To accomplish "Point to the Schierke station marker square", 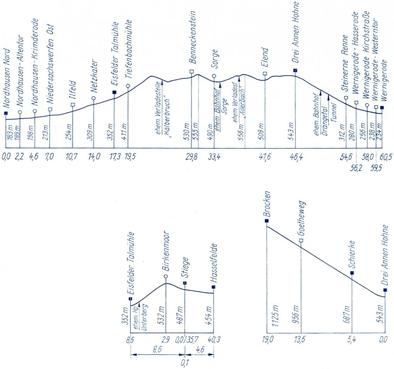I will (352, 273).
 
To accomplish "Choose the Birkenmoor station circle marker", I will (166, 276).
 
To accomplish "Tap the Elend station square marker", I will (265, 73).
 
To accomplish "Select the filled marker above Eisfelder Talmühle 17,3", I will (114, 92).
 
